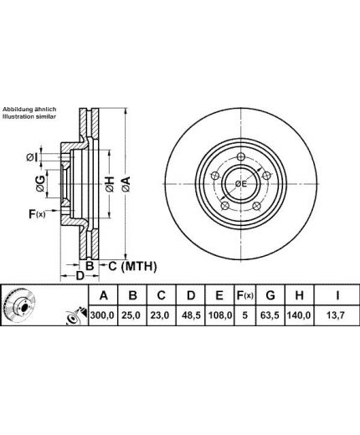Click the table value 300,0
click(x=103, y=315)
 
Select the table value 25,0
click(x=132, y=315)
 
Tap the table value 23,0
click(x=161, y=315)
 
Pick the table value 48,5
click(x=191, y=315)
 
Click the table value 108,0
click(x=220, y=315)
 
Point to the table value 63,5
click(x=270, y=315)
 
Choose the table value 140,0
click(x=299, y=315)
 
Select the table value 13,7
click(x=337, y=315)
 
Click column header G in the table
click(x=270, y=295)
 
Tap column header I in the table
click(x=337, y=295)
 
